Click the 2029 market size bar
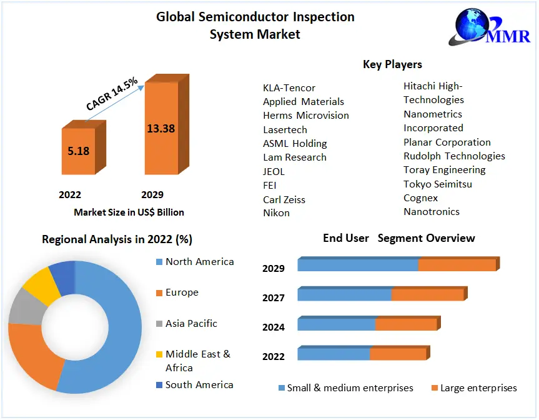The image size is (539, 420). coord(161,128)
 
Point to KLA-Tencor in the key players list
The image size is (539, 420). coord(289,88)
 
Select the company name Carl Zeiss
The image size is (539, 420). coord(284,199)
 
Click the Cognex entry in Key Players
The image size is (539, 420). coord(420,197)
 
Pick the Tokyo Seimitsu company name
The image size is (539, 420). coord(437,184)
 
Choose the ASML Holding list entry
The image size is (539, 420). coord(295,143)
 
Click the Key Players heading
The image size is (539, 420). coord(392,64)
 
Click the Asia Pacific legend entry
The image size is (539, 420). coord(191,323)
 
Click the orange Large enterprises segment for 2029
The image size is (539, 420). coord(457,265)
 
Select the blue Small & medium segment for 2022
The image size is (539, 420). coord(334,354)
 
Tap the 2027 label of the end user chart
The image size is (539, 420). coord(274,297)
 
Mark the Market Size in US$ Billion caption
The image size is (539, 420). coord(129,212)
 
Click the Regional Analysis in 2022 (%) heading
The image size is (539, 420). coord(117,239)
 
